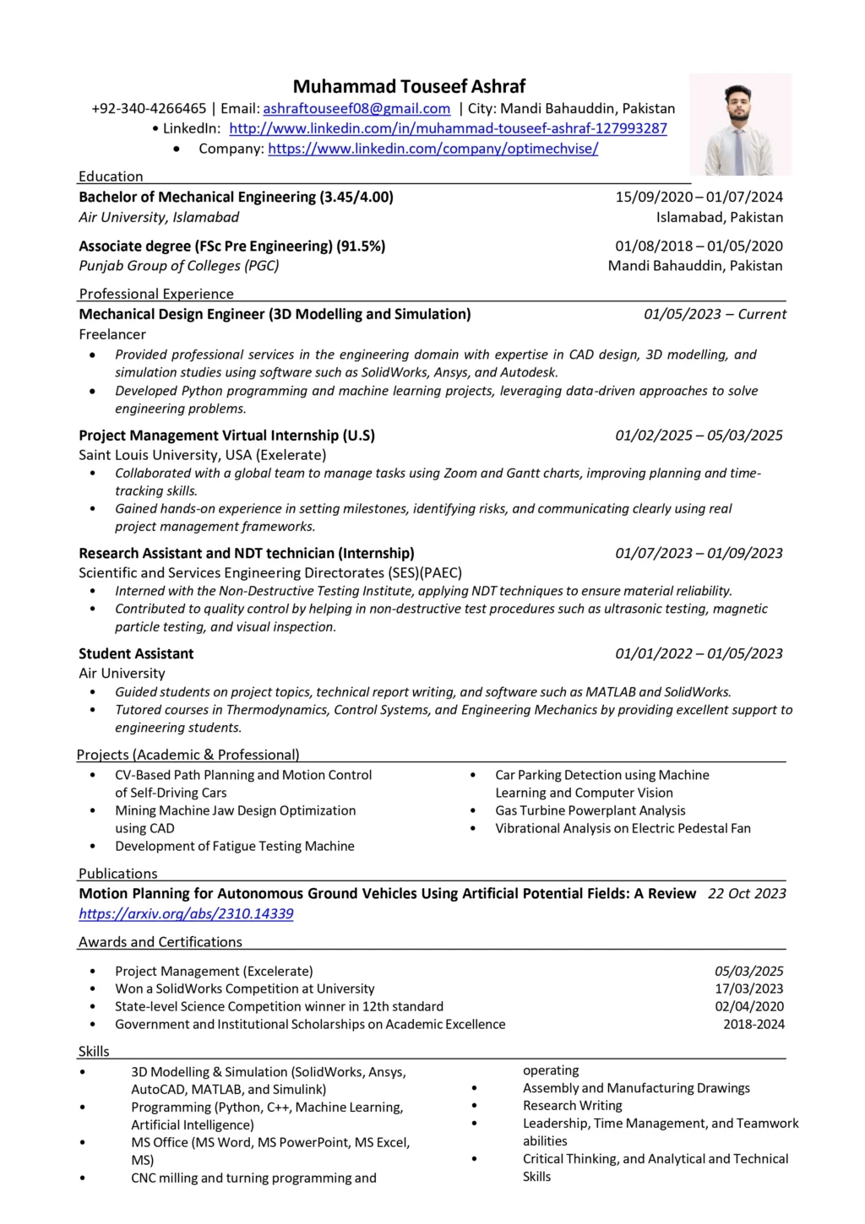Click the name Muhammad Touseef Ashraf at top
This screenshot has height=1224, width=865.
[409, 86]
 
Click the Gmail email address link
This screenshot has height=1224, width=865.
[356, 108]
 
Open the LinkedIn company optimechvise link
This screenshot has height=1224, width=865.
[432, 149]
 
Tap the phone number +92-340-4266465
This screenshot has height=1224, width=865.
[149, 108]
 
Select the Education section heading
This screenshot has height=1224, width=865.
[111, 176]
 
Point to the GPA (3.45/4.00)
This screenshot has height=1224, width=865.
[356, 197]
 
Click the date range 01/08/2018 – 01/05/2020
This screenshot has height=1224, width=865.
[699, 246]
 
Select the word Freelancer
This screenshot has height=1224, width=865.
[112, 334]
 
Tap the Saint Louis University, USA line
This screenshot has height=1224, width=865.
[202, 455]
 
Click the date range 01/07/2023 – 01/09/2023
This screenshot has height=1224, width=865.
[699, 553]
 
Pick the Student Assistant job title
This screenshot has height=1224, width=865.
[136, 653]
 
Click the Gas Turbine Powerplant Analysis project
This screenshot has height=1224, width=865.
[590, 810]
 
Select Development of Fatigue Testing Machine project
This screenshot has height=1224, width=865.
[235, 846]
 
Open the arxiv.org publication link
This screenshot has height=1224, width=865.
[186, 913]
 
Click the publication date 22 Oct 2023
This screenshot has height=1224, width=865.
[747, 893]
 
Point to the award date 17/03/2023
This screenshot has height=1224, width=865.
[749, 988]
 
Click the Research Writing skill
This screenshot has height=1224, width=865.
[572, 1105]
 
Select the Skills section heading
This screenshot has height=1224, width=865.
[94, 1051]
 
